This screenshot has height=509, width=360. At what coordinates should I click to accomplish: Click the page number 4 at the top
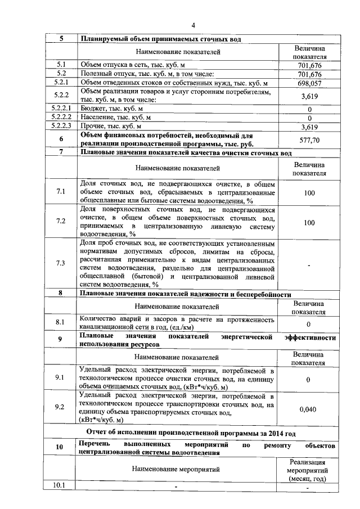click(x=193, y=25)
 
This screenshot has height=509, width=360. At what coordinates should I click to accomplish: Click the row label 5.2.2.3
click(x=61, y=126)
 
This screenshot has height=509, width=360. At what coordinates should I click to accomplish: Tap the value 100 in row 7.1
click(x=309, y=192)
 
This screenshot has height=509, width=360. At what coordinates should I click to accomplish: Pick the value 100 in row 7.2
click(x=309, y=223)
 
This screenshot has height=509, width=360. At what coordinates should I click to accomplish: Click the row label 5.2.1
click(x=61, y=83)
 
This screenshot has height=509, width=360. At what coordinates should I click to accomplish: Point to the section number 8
click(x=61, y=294)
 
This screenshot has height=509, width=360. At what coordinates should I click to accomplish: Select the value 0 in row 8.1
click(x=309, y=324)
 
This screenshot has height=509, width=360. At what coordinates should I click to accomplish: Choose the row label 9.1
click(x=61, y=379)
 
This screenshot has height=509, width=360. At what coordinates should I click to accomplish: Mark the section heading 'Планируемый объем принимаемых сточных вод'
click(x=161, y=39)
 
